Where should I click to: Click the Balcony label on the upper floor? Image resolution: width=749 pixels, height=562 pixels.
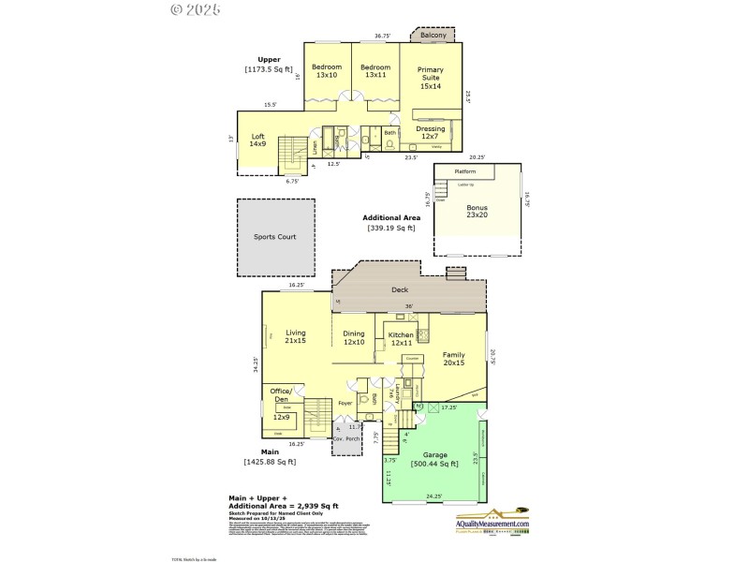tap(432, 37)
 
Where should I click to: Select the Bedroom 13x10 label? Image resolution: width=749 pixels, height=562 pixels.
tap(327, 70)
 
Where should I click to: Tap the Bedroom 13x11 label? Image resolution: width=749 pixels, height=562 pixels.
tap(375, 70)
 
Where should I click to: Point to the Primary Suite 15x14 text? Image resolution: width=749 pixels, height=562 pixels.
tap(431, 78)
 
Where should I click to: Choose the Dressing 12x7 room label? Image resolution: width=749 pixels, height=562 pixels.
tap(431, 133)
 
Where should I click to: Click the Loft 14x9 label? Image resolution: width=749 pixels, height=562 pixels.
tap(257, 140)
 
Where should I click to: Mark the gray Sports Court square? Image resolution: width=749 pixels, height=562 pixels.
tap(275, 237)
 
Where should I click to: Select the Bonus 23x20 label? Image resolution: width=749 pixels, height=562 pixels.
tap(477, 211)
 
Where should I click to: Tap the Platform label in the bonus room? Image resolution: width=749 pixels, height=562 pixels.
tap(465, 172)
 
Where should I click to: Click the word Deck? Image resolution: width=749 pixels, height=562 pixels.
tap(400, 290)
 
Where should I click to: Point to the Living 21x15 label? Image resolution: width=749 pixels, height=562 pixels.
tap(296, 336)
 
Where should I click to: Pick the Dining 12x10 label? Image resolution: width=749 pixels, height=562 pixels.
tap(354, 337)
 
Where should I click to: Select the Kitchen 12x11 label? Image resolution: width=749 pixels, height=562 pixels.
tap(401, 339)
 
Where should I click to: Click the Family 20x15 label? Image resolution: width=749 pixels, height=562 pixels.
tap(453, 359)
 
